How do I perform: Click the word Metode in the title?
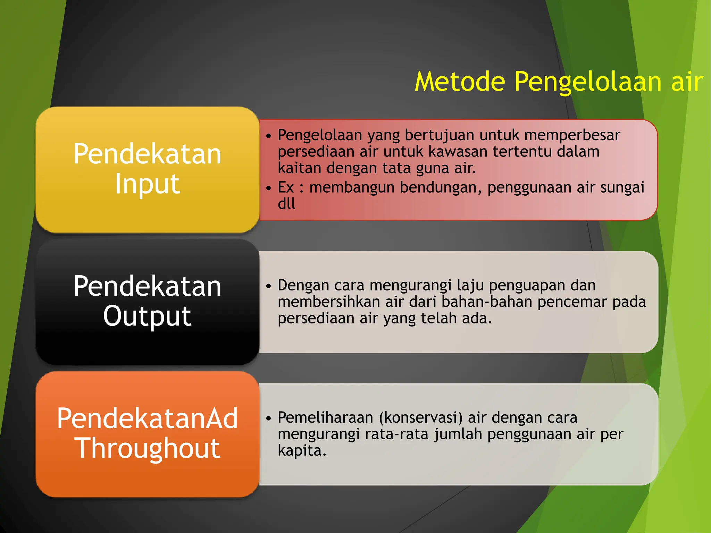460,82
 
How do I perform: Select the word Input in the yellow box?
147,184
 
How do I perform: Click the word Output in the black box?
147,316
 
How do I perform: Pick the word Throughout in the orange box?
147,448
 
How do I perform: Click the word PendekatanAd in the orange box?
147,418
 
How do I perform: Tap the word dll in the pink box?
286,204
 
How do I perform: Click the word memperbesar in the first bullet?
572,135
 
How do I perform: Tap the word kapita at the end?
301,451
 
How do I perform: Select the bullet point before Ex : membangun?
268,188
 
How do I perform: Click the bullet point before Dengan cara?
268,286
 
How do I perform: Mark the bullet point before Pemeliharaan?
268,418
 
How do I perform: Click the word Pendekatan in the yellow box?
147,154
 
